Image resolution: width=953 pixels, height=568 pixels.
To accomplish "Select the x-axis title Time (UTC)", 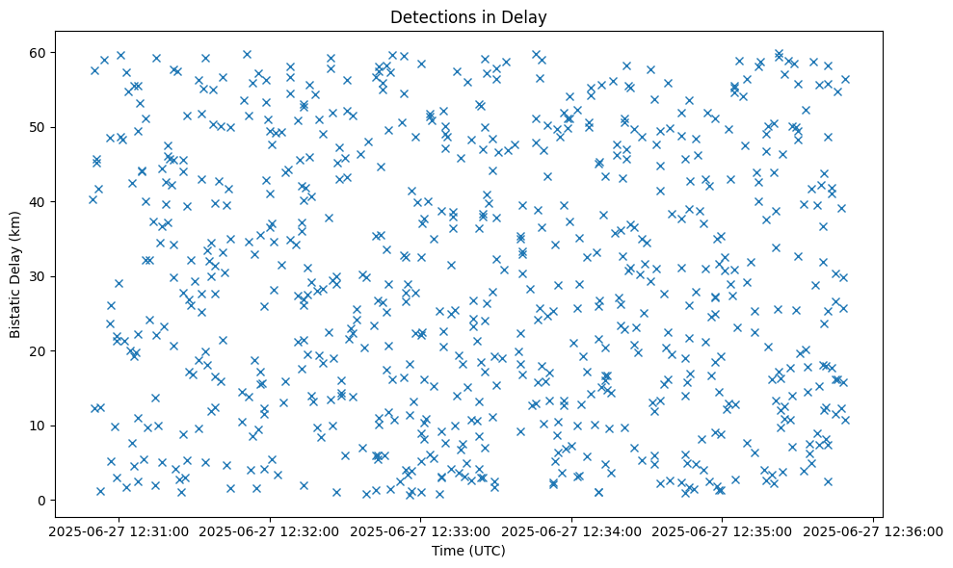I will pyautogui.click(x=469, y=551).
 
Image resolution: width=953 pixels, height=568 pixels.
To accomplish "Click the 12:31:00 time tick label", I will pyautogui.click(x=119, y=531).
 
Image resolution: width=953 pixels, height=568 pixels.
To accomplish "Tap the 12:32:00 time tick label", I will pyautogui.click(x=271, y=531).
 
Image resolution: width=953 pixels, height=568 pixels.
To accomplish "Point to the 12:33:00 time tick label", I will pyautogui.click(x=421, y=531).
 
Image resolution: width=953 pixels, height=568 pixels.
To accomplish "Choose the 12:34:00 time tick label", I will pyautogui.click(x=571, y=531).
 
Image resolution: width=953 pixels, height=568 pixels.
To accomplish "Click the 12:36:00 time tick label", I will pyautogui.click(x=873, y=531).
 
